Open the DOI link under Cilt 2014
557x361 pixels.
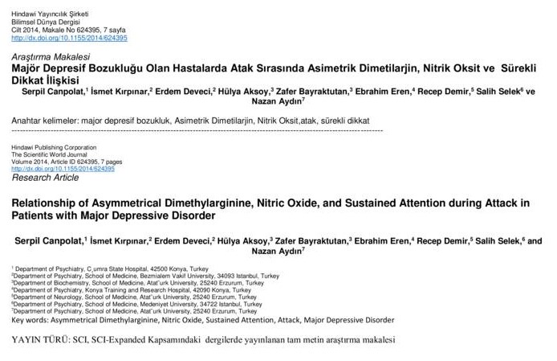[x=68, y=37]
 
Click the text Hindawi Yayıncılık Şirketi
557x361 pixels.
[x=51, y=7]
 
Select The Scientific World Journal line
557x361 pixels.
[x=50, y=155]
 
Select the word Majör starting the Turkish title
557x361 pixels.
[x=26, y=71]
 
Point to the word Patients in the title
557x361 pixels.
[x=33, y=217]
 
